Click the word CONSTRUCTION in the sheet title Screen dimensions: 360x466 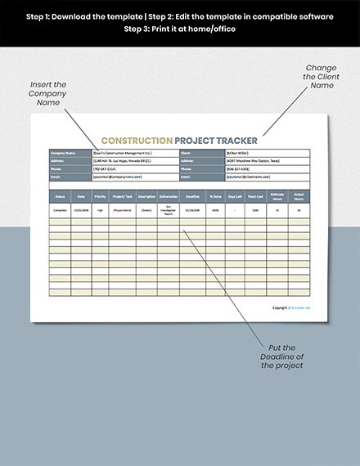(x=136, y=140)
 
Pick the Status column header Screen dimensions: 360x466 (x=60, y=196)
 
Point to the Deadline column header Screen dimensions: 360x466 (x=191, y=196)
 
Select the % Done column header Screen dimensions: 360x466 (x=214, y=196)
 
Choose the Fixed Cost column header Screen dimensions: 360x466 (x=255, y=196)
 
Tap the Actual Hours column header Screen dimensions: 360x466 (x=299, y=196)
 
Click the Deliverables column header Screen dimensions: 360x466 (x=168, y=196)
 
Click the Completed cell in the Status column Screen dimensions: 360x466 (x=60, y=209)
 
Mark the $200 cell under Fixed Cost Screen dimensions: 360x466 (x=255, y=209)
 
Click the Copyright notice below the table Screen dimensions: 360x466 (x=291, y=307)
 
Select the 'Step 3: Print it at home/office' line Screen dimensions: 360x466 (x=179, y=29)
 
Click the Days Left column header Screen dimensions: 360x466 (x=235, y=196)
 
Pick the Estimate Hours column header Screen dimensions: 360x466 (x=277, y=196)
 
